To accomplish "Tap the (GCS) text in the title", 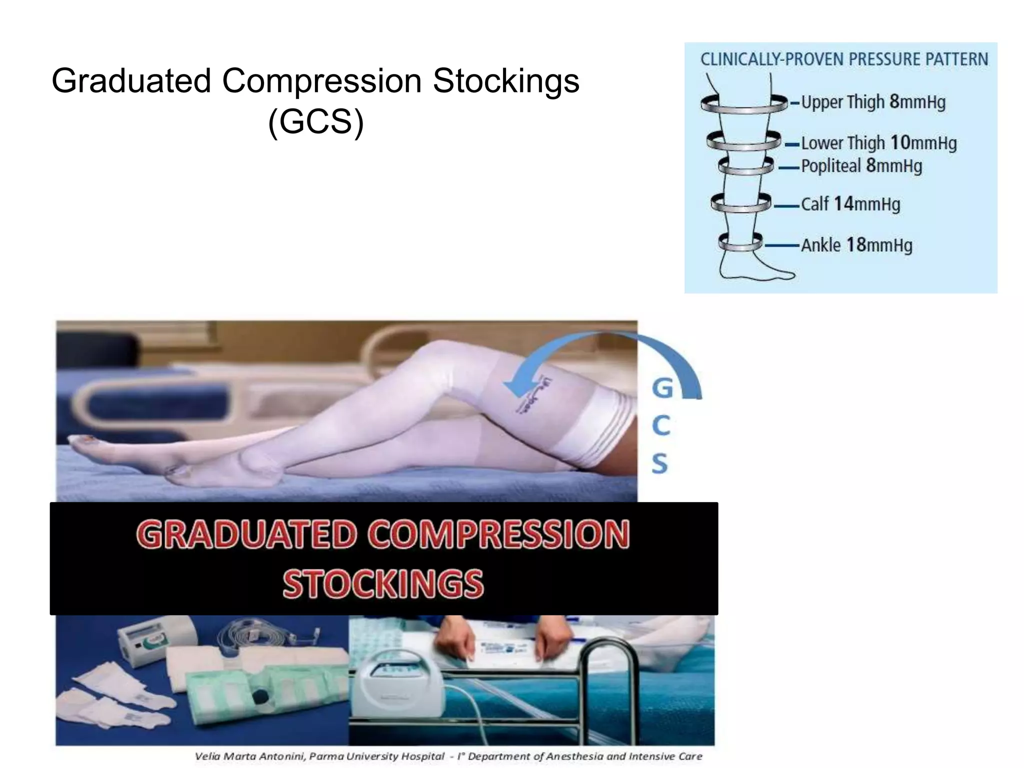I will tap(315, 121).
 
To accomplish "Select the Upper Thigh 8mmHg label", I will tap(873, 102).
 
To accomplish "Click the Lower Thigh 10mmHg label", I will tap(878, 143).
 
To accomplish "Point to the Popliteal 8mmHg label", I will tap(861, 165).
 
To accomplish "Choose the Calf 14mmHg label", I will tap(850, 204).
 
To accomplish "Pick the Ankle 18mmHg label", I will tap(856, 245).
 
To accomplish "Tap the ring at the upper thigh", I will tap(743, 104).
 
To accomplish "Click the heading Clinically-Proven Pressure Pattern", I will tap(844, 59).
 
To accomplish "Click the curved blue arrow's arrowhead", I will tap(517, 388).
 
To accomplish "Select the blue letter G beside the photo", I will tap(662, 388).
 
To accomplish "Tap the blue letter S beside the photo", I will tap(660, 463).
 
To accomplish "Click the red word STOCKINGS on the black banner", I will tap(383, 583).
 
